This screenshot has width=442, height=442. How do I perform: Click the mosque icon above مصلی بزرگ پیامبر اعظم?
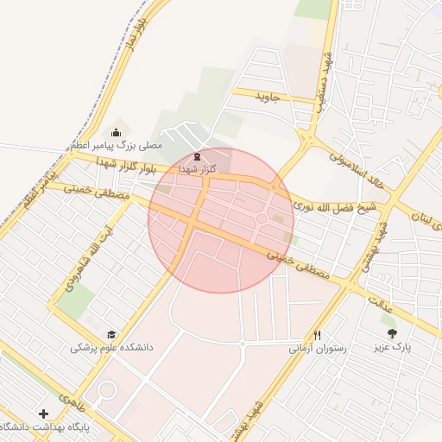(117, 132)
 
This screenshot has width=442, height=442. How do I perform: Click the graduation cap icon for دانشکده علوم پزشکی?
(110, 334)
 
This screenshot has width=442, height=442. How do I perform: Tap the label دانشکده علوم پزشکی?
(111, 348)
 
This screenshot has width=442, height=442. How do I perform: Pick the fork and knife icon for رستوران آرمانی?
(317, 335)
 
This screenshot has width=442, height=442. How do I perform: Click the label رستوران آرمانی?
(317, 349)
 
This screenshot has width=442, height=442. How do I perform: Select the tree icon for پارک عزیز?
(392, 332)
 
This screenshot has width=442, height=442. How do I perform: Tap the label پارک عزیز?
(392, 347)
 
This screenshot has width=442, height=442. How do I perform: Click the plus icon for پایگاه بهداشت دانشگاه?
(44, 413)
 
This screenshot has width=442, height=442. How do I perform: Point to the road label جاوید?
(268, 97)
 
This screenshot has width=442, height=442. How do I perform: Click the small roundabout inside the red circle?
(262, 218)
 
